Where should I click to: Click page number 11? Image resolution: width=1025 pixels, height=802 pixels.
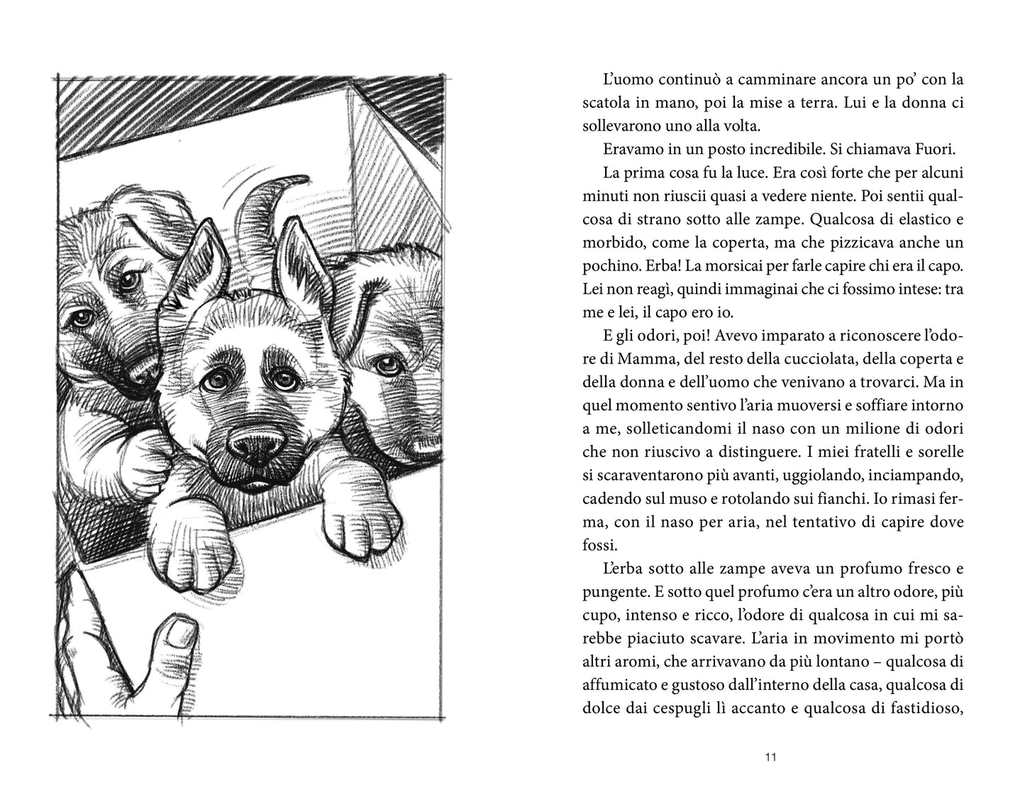pos(772,758)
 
